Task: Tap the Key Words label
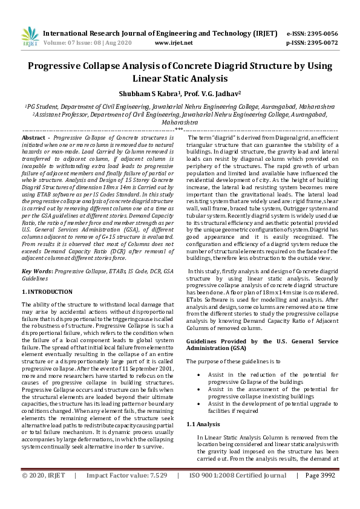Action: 37,272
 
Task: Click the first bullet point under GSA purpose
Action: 200,375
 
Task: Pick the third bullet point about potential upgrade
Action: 200,404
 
